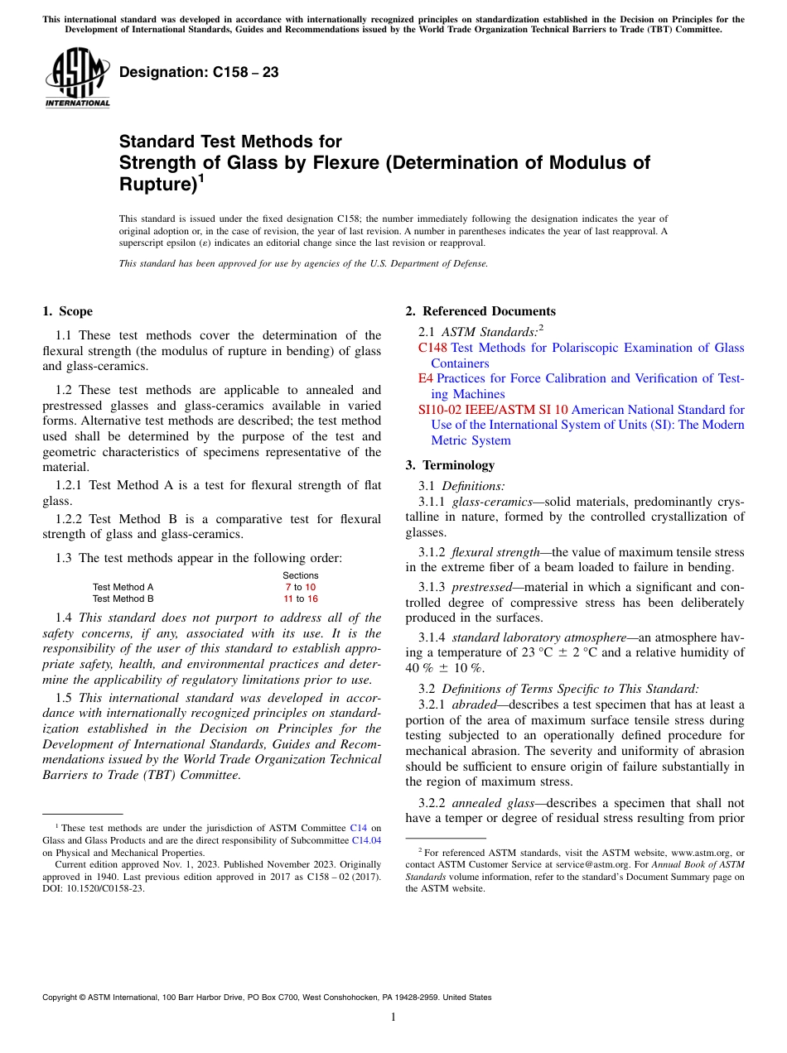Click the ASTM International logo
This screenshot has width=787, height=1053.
click(x=77, y=77)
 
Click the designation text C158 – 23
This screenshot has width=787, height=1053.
click(x=199, y=73)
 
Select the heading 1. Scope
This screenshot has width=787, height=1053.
click(x=67, y=311)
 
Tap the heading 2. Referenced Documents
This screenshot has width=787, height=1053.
click(x=480, y=311)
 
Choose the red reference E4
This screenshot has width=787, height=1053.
click(x=425, y=378)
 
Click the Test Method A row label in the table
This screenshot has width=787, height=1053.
click(x=123, y=587)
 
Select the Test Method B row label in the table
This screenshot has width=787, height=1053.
click(x=123, y=599)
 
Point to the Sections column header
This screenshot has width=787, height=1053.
click(x=300, y=575)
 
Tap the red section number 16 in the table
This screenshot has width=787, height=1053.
click(x=312, y=599)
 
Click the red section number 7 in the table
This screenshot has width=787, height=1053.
click(x=287, y=587)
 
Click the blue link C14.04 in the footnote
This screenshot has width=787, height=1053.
click(x=366, y=839)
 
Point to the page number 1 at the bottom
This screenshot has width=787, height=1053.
click(x=393, y=1017)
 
